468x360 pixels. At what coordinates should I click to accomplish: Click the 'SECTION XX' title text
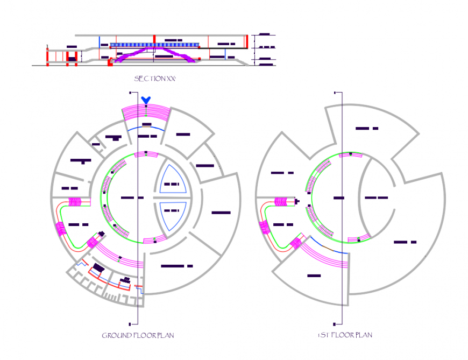coord(155,79)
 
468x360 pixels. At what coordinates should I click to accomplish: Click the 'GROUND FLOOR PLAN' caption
coord(138,336)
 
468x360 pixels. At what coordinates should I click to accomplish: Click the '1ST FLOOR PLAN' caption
coord(344,335)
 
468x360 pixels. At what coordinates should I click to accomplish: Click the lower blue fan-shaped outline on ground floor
coord(172,215)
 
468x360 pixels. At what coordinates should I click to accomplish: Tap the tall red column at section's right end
coord(247,42)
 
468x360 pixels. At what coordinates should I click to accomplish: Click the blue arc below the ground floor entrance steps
coord(145,129)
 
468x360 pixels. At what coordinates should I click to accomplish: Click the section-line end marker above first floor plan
coord(335,93)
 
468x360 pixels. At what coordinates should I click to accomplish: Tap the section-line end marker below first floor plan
coord(335,324)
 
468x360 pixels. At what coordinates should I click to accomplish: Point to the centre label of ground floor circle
coord(132,198)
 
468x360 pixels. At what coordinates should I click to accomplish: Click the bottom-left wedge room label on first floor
coord(314,276)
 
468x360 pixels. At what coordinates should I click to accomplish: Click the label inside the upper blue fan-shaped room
coord(172,184)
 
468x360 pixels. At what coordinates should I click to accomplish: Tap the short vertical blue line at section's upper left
coord(98,43)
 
